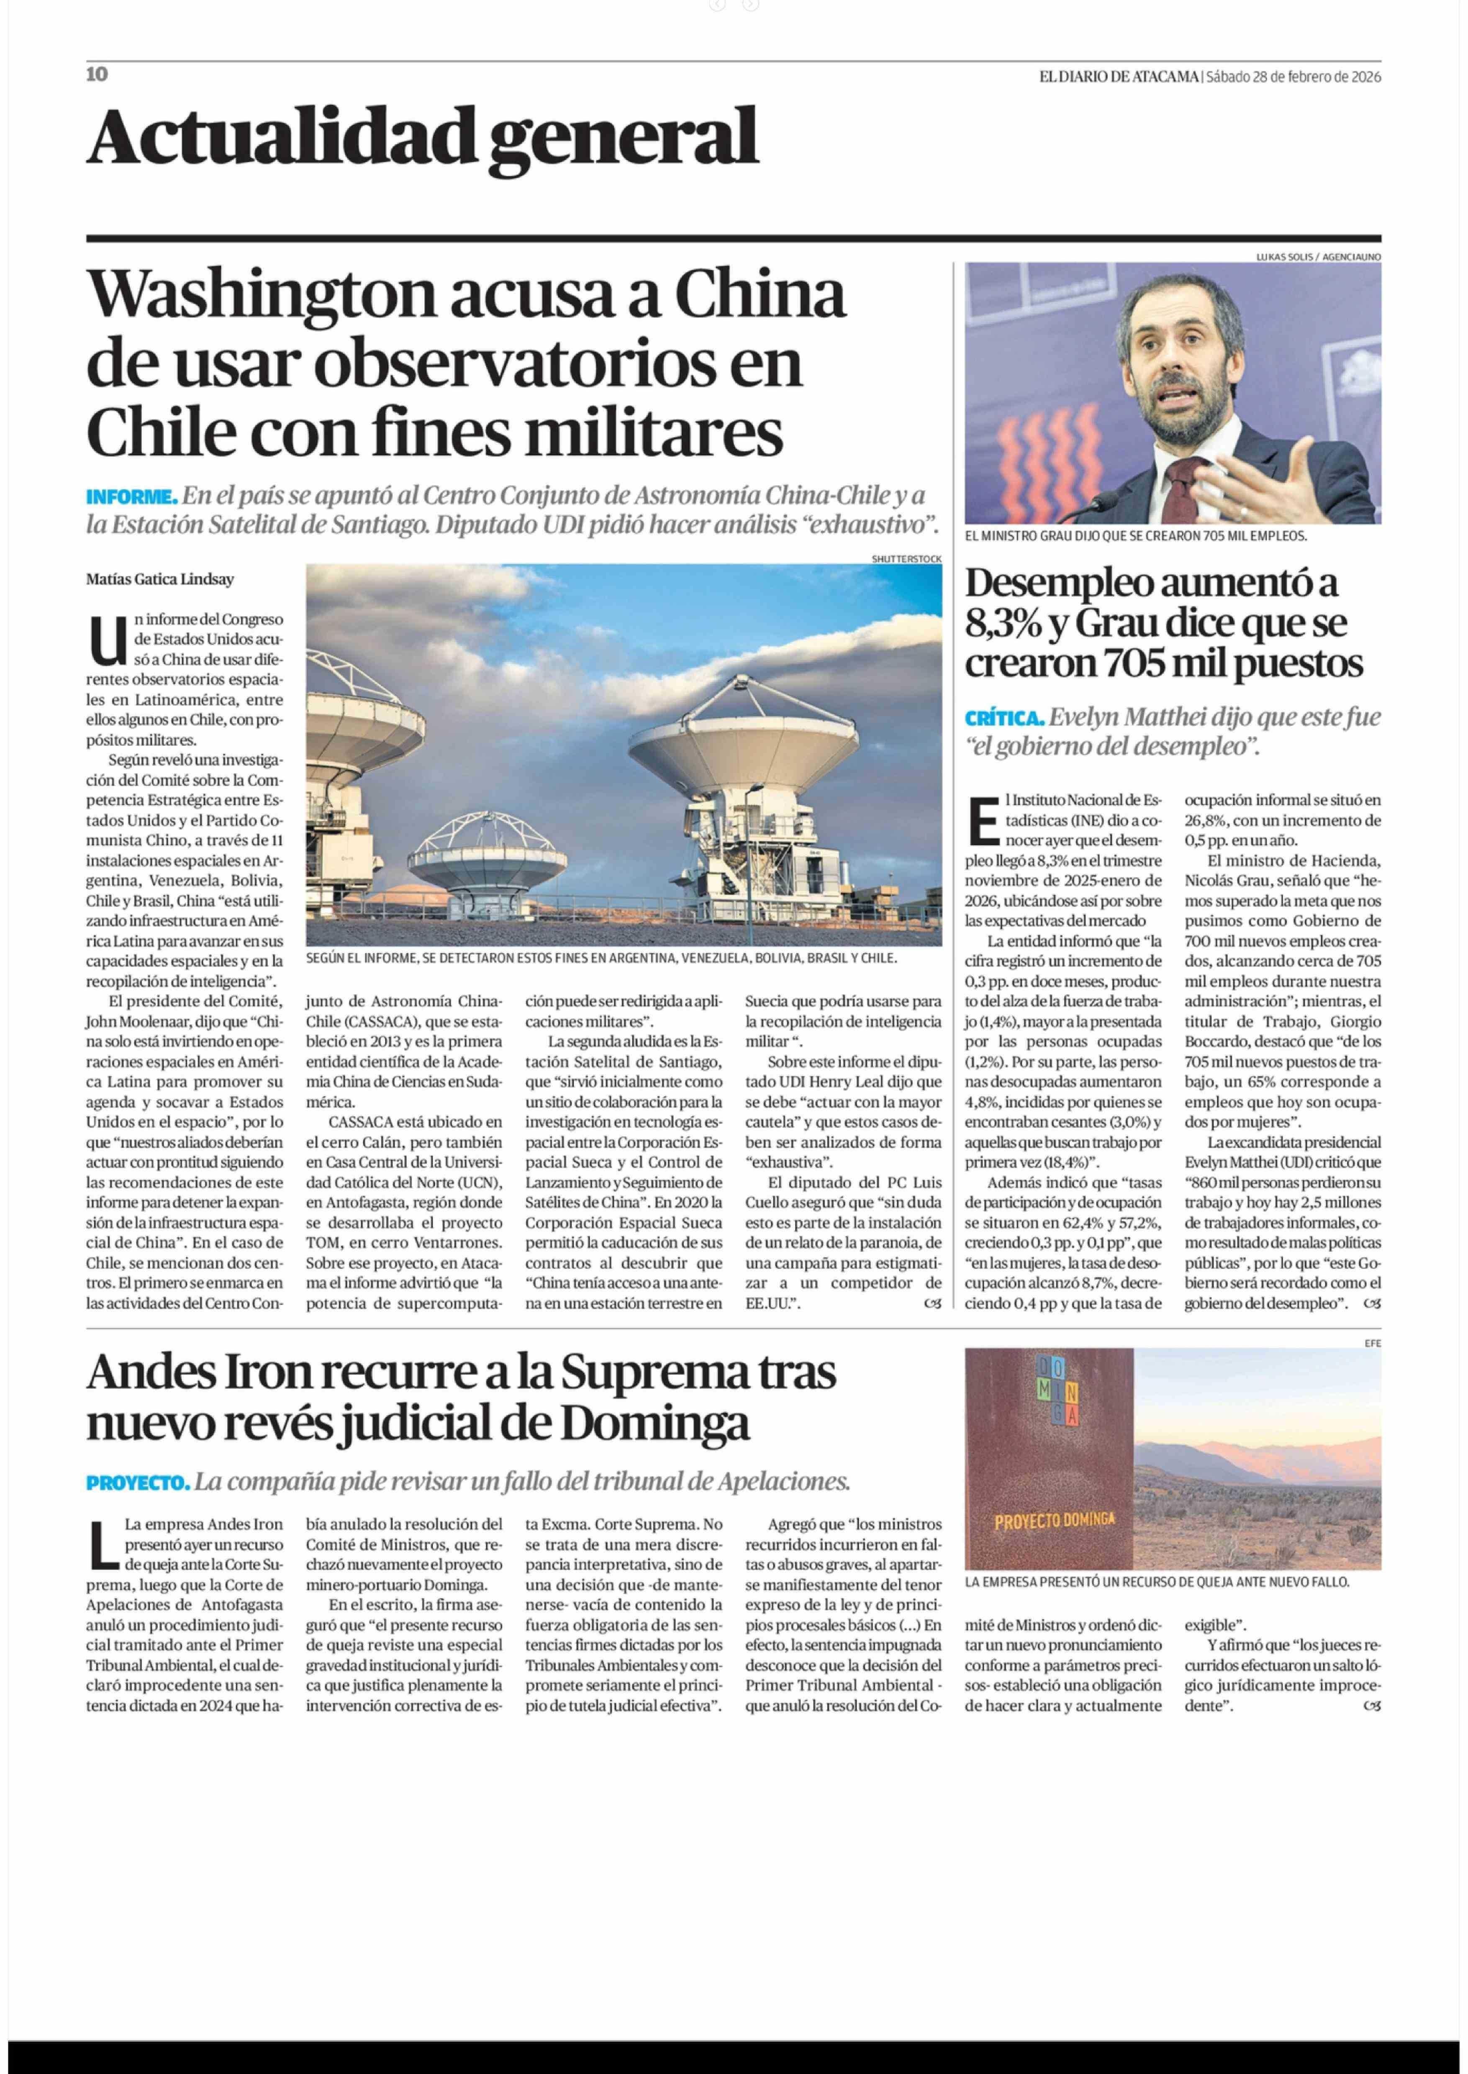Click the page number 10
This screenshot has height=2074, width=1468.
(97, 74)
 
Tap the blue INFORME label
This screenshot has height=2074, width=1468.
(131, 497)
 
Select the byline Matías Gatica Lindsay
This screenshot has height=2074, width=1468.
(160, 579)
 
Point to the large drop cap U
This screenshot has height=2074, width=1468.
(108, 640)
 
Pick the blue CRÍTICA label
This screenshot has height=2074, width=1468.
(1004, 718)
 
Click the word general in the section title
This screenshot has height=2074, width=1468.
(623, 137)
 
